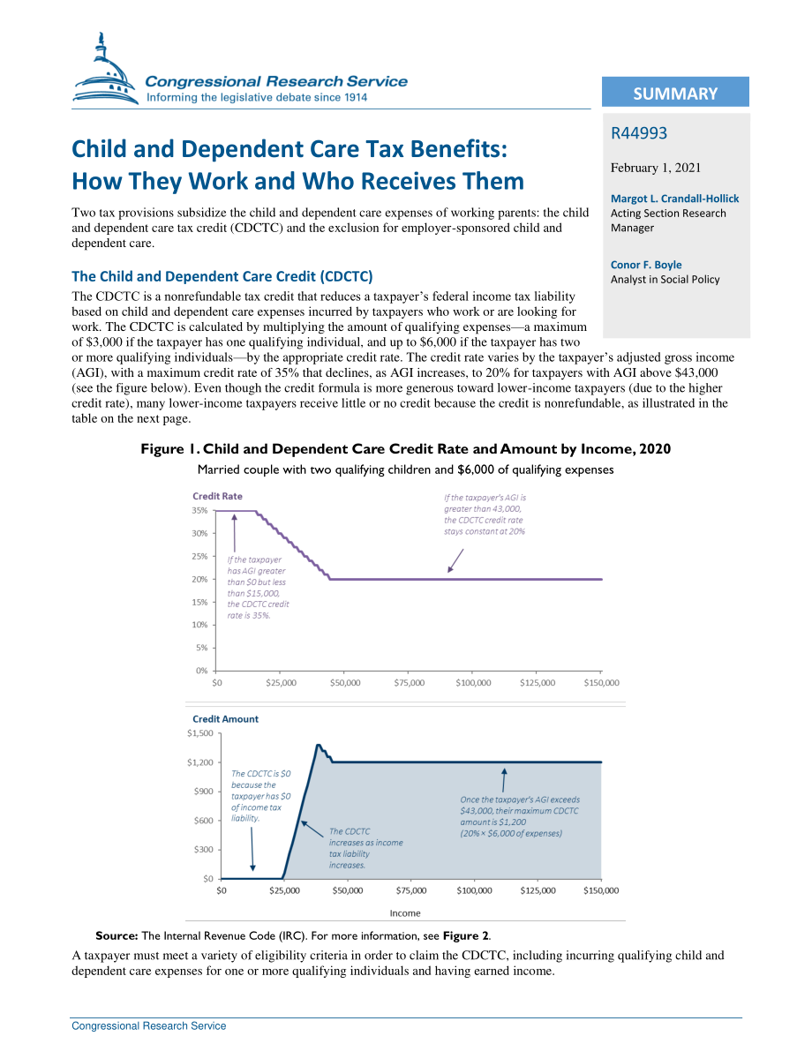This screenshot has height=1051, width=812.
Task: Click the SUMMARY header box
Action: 675,92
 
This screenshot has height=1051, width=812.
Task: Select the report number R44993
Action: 638,132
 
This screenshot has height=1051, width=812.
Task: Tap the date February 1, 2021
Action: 655,168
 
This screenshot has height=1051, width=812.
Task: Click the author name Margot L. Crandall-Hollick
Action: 674,199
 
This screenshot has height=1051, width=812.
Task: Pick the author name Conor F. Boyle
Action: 646,265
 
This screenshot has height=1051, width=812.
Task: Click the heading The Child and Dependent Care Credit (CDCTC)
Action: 222,276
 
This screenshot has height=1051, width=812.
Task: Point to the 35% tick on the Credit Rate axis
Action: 199,510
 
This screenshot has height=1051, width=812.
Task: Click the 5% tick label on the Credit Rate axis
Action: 202,648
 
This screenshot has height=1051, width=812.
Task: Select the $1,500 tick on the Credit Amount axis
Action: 199,732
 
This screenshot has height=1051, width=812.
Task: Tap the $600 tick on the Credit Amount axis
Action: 203,821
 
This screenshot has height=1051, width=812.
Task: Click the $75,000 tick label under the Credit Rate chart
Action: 409,682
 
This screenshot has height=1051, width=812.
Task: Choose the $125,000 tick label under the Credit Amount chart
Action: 538,890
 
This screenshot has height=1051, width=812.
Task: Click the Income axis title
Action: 405,913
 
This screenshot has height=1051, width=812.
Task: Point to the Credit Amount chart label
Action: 225,718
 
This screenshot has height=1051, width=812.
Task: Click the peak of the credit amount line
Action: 318,745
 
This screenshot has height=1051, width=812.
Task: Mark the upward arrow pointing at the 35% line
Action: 234,533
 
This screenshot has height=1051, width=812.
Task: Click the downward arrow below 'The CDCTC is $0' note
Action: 252,849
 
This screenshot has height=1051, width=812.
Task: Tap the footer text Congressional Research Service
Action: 149,1025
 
